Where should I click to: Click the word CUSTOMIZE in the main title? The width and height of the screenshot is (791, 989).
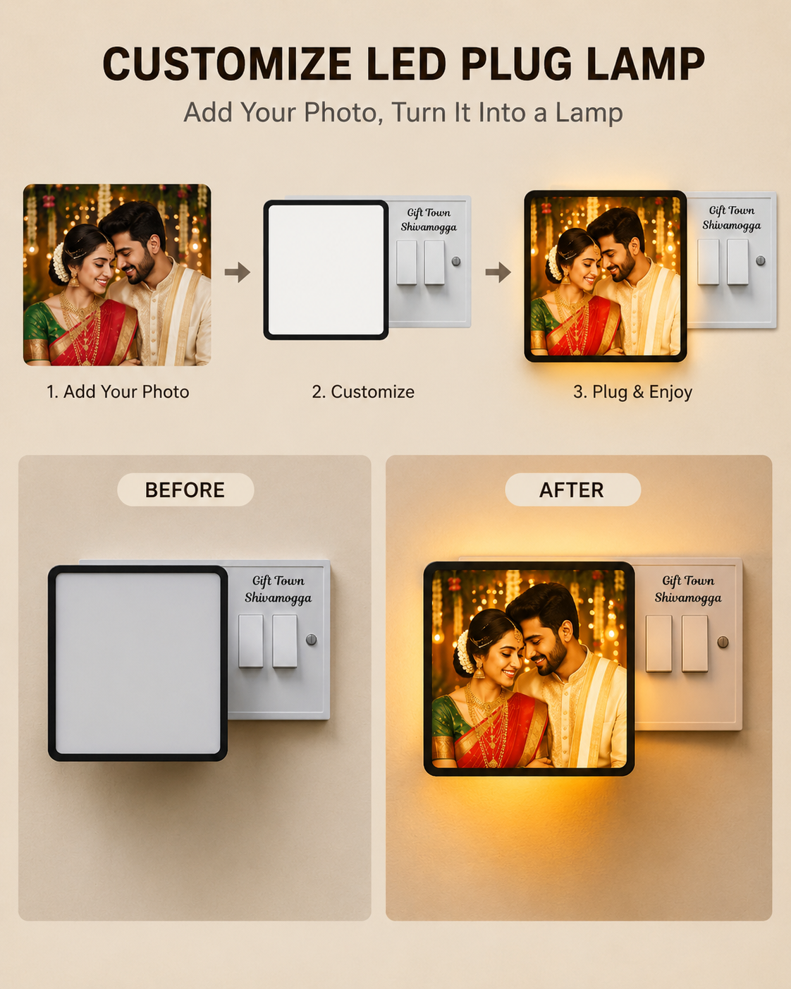point(228,63)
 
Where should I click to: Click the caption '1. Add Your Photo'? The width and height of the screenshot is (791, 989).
point(118,392)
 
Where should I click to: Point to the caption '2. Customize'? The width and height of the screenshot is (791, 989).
point(363,392)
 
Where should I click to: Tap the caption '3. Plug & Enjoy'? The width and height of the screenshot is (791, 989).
point(632,392)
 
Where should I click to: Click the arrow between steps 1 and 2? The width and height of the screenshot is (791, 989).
point(238,272)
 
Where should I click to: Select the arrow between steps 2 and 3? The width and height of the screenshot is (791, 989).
point(498,272)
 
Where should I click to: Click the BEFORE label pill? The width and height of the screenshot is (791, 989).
point(185,490)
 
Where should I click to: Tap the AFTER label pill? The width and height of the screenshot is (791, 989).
point(573,490)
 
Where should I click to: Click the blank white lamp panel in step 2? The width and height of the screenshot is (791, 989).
point(326,269)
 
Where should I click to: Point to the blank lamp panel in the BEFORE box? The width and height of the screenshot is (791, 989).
point(137,663)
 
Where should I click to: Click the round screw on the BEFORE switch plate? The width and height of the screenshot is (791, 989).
point(312,639)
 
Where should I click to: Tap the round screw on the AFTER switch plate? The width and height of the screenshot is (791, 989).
point(723,641)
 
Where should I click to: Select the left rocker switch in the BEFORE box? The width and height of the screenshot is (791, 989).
point(251,641)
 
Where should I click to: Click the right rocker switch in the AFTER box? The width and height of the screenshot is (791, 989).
point(695,643)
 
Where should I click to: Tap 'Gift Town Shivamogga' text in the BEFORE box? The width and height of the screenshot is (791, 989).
point(278,589)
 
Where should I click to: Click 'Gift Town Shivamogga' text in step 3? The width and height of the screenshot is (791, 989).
point(731,218)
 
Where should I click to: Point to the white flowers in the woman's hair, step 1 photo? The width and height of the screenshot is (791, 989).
point(60,262)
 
